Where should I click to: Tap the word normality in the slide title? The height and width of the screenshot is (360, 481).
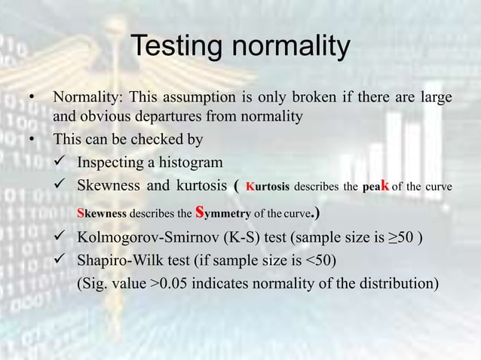(290, 47)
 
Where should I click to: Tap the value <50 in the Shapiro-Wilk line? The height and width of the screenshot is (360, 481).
(317, 261)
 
